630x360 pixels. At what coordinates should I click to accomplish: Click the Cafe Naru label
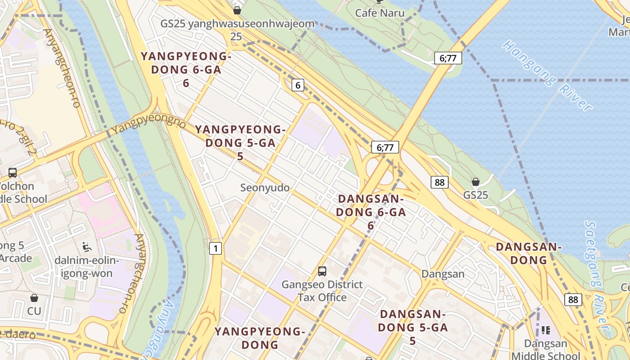pos(379,13)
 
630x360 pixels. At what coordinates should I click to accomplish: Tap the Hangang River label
pos(547,75)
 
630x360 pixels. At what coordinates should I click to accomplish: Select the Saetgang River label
pos(596,270)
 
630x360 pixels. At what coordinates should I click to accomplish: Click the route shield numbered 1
pos(216,248)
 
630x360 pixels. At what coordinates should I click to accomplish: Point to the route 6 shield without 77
pos(297,85)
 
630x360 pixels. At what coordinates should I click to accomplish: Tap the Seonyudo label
pos(265,188)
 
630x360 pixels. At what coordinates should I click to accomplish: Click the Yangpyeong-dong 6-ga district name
pos(186,69)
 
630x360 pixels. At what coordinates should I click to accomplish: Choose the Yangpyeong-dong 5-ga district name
pos(240,143)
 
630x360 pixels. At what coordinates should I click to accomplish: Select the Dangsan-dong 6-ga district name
pos(371,211)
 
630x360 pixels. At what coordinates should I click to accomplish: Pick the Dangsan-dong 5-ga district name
pos(413,327)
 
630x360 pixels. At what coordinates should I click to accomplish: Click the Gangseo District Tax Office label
pos(322,291)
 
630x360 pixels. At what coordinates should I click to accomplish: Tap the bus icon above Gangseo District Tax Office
pos(322,271)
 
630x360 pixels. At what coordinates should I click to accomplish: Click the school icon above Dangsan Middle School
pos(546,330)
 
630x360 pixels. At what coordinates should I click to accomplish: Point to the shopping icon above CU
pos(34,298)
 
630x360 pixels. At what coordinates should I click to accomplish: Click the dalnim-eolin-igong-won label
pos(86,267)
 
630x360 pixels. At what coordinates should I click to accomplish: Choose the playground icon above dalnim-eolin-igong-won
pos(87,247)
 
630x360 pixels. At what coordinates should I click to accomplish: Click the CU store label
pos(34,311)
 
